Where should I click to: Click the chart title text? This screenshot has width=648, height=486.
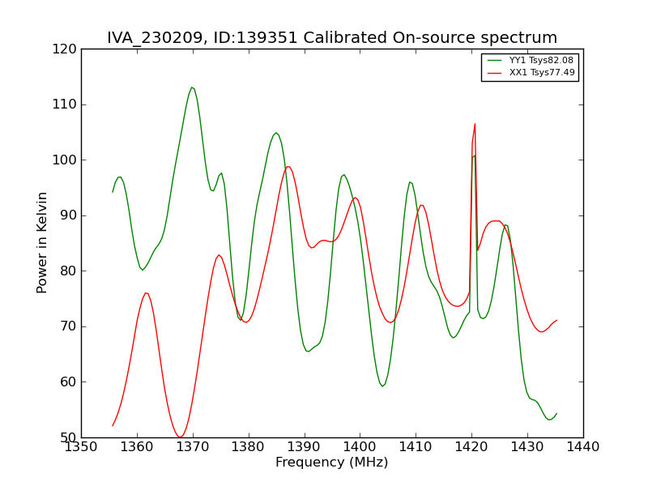pyautogui.click(x=332, y=38)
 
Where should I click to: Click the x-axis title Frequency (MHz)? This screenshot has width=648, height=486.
pyautogui.click(x=331, y=463)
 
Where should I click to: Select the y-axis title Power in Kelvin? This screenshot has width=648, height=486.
pyautogui.click(x=43, y=242)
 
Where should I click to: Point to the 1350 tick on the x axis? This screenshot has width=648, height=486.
pyautogui.click(x=81, y=446)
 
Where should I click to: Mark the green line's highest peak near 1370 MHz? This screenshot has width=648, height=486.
pyautogui.click(x=192, y=87)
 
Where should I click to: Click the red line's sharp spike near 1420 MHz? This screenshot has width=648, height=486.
pyautogui.click(x=475, y=124)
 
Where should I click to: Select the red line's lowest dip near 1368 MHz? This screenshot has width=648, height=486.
pyautogui.click(x=180, y=437)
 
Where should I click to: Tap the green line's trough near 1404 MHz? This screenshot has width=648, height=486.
pyautogui.click(x=382, y=386)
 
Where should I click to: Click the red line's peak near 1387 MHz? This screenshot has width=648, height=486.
pyautogui.click(x=288, y=166)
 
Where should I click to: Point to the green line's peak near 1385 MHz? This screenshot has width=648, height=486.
pyautogui.click(x=276, y=133)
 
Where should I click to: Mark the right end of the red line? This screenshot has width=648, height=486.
pyautogui.click(x=556, y=320)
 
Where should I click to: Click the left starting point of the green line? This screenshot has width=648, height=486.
pyautogui.click(x=113, y=192)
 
